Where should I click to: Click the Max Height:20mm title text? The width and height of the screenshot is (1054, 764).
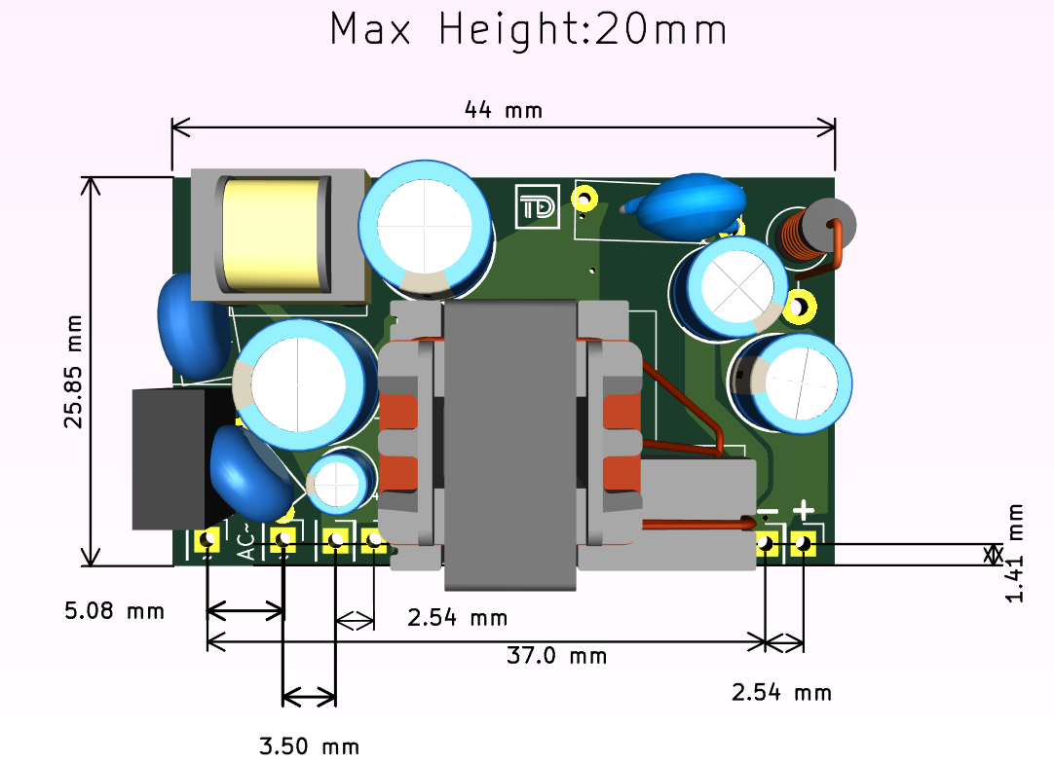coord(528,31)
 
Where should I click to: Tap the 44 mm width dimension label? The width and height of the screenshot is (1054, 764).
coord(504,109)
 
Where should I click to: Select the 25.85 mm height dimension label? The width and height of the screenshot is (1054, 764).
coord(73,371)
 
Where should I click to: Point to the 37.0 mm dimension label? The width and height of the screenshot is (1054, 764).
coord(556,655)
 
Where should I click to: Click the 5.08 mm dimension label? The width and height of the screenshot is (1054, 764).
coord(114,611)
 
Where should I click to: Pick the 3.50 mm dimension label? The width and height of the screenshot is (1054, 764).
coord(309,746)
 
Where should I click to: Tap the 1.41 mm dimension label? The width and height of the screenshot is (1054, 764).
coord(1015,553)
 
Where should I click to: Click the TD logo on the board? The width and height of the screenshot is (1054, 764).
coord(538,206)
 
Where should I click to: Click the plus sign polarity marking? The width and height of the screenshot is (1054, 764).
coord(804,510)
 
